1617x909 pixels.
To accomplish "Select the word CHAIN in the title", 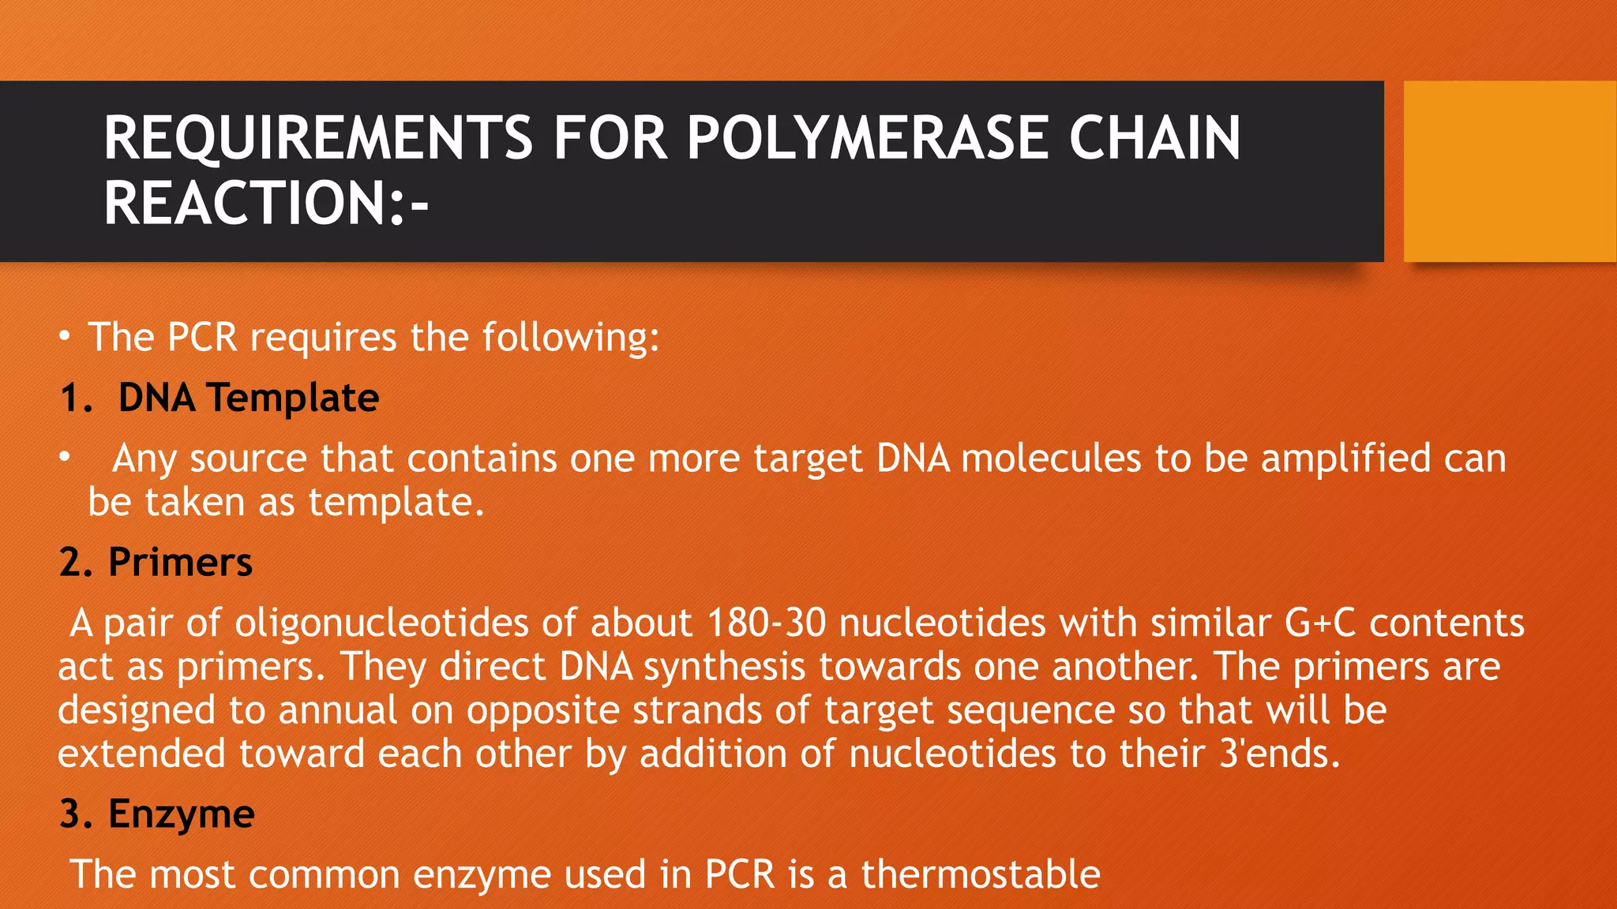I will click(1154, 138).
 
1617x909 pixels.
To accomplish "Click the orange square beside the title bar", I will click(1509, 171).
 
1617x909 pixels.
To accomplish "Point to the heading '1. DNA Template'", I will click(219, 397).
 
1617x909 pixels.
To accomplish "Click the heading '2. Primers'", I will click(156, 562).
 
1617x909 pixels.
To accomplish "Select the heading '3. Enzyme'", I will click(156, 814).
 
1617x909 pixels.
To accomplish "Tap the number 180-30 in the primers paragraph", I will click(766, 623).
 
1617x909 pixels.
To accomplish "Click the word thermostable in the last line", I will click(980, 874).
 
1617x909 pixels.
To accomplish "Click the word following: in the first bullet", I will click(571, 338).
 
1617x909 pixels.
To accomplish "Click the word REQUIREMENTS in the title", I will click(318, 138).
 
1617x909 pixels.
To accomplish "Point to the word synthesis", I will click(724, 667).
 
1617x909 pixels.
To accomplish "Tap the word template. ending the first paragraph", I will click(396, 502).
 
